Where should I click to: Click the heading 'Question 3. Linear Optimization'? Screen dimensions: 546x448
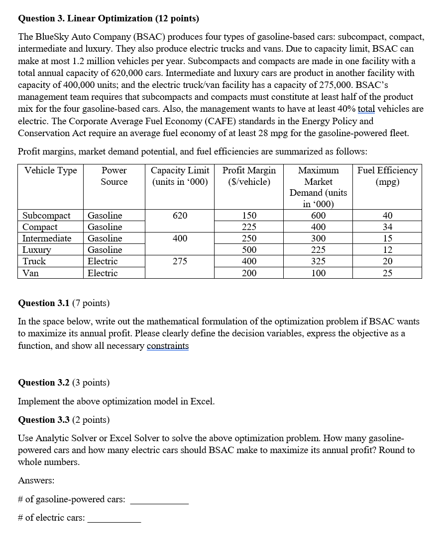click(x=108, y=19)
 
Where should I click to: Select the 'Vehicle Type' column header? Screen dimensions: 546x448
click(x=51, y=170)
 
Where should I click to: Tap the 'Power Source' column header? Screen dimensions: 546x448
click(x=114, y=176)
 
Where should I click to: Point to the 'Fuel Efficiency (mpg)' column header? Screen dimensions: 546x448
click(x=387, y=176)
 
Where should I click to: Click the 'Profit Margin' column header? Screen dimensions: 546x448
click(x=249, y=176)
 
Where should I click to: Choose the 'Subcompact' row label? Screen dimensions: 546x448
click(x=46, y=215)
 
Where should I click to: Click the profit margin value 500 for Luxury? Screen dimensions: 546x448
click(x=249, y=249)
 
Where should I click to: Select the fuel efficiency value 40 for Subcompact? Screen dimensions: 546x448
click(x=387, y=215)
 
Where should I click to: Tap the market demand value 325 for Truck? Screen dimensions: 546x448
click(x=318, y=261)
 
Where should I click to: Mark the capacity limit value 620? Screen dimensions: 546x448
click(x=180, y=215)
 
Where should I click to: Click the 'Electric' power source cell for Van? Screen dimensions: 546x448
click(x=103, y=273)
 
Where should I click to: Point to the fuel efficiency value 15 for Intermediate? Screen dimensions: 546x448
click(x=387, y=238)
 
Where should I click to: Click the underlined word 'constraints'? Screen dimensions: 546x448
click(x=168, y=345)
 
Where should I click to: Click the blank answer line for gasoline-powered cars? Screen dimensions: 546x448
click(x=159, y=503)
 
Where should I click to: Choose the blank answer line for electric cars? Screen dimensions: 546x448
click(x=114, y=521)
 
